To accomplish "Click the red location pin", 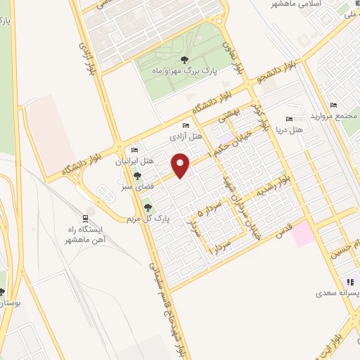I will tap(181, 165).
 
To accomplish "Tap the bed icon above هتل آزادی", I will tap(185, 126).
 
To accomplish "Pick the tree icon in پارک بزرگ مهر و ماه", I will tap(185, 60).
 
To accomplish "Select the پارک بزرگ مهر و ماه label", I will tap(186, 71).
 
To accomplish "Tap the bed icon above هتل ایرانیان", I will tap(134, 150).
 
